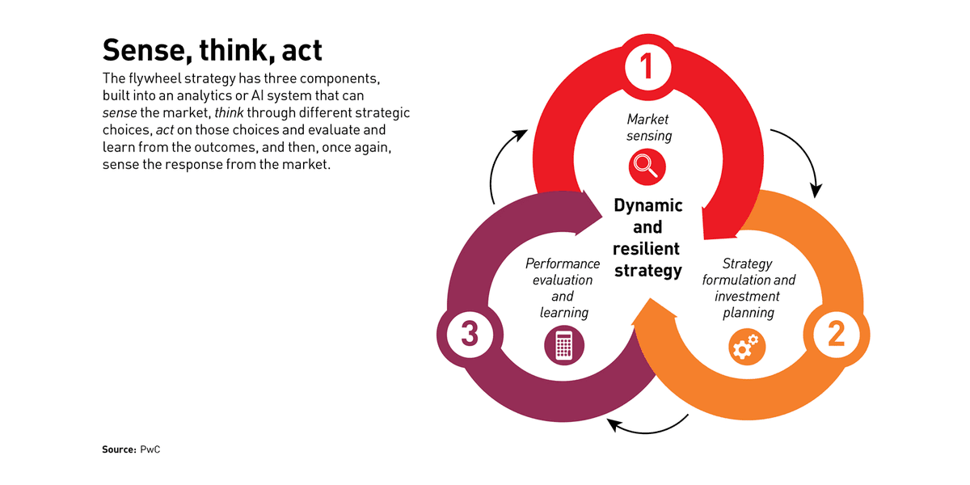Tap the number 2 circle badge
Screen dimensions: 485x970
(835, 333)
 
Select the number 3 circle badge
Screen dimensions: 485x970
(469, 334)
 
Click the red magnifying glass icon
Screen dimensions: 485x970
(647, 166)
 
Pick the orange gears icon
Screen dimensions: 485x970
(744, 347)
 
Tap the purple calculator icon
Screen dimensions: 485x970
(564, 346)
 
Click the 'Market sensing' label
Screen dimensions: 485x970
(648, 128)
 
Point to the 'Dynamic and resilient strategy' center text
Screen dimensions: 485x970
(647, 238)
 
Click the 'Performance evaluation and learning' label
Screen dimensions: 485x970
(563, 288)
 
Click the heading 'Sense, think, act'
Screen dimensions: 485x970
(213, 50)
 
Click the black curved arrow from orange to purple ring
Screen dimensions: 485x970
(647, 428)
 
